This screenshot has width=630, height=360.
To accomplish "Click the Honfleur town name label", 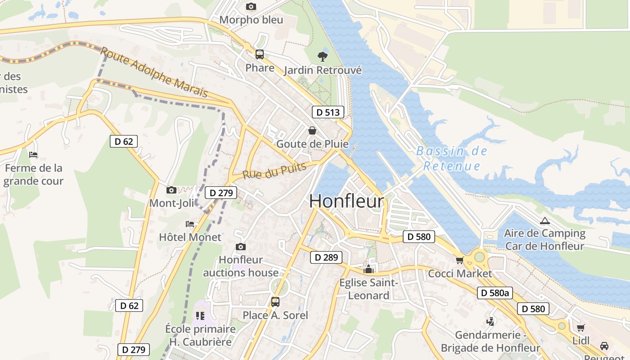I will (x=346, y=201).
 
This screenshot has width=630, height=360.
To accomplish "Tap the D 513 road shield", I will (x=328, y=112).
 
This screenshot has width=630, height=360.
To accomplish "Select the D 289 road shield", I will (x=326, y=257).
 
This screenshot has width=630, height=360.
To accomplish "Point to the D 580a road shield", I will (x=495, y=293).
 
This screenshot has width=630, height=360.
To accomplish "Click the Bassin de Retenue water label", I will (x=452, y=158).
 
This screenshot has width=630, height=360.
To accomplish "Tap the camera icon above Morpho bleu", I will (x=251, y=6).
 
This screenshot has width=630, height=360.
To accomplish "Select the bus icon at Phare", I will (x=260, y=54).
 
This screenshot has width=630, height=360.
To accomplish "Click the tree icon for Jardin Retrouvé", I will (x=322, y=57).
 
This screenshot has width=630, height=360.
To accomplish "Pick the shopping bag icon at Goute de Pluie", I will (x=312, y=130).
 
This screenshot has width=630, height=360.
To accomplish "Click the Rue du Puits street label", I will (x=274, y=171).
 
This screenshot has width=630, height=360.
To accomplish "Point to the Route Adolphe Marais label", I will (x=154, y=72).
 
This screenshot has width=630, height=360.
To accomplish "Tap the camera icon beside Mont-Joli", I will (x=171, y=190).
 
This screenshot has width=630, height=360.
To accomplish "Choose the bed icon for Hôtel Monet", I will (x=190, y=224).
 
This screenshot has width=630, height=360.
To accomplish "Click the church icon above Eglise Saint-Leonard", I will (x=369, y=270).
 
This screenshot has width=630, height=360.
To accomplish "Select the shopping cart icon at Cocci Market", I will (x=459, y=260).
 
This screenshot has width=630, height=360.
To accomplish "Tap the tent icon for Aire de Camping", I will (x=545, y=220).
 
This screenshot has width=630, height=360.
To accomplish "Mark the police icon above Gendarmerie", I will (x=490, y=322).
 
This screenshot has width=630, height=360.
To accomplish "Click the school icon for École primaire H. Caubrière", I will (x=200, y=316).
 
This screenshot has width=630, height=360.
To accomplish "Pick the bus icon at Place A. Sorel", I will (x=275, y=302).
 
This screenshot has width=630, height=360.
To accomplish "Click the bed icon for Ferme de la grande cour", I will (x=33, y=155).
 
